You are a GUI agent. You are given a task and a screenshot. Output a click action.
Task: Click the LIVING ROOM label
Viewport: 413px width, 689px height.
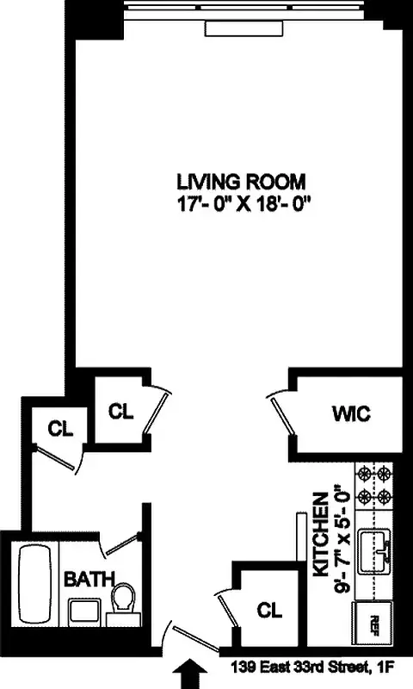click(x=242, y=182)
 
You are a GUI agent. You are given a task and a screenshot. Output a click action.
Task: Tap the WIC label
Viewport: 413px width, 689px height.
click(x=350, y=413)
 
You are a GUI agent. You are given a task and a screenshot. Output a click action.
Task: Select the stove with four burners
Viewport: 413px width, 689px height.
click(x=376, y=487)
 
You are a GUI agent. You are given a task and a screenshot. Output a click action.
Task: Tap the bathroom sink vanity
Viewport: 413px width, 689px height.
click(x=83, y=612)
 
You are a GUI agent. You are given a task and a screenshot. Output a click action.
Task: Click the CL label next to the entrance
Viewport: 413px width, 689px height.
click(x=270, y=610)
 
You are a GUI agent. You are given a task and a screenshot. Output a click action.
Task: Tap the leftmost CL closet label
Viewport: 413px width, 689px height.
click(x=59, y=428)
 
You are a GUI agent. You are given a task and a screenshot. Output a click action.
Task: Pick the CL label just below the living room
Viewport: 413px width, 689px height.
click(x=122, y=411)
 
